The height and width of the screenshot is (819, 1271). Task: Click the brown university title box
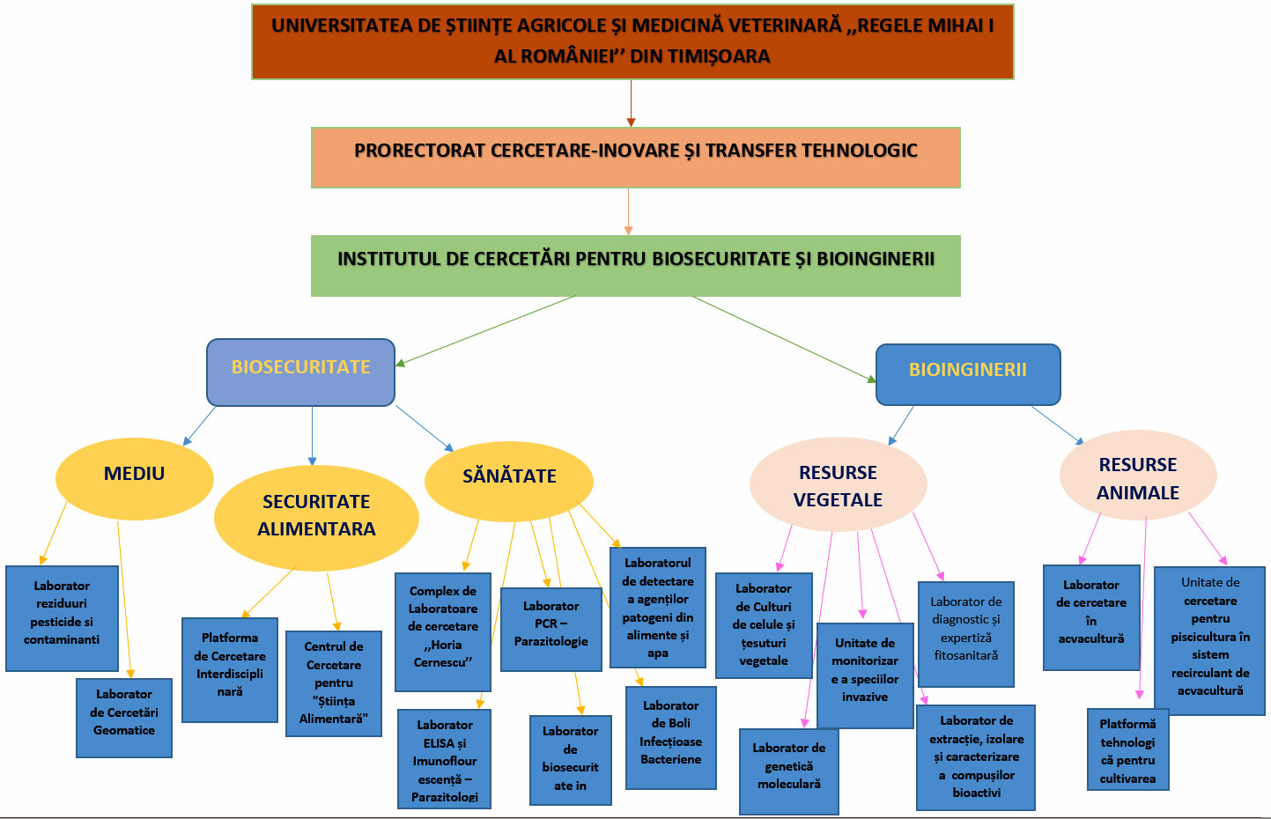pos(632,41)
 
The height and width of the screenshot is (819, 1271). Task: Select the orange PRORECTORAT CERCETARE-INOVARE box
pos(635,157)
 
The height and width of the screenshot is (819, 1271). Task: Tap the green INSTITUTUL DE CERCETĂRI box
pos(635,265)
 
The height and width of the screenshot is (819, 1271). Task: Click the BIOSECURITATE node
pos(300,372)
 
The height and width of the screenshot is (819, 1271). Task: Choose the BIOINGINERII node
pos(967,374)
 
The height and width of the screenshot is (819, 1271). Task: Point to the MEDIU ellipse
pos(134,478)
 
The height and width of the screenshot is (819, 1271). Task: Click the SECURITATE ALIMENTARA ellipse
pos(316,517)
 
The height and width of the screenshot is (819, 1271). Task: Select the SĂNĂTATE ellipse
pos(509,480)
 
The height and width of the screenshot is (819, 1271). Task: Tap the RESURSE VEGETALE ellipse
pos(838,485)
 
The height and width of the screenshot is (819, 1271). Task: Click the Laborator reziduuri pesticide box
pos(62,618)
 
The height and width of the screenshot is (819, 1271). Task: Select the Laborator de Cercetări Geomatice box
pos(124,717)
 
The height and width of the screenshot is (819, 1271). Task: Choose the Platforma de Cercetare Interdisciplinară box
pos(230,669)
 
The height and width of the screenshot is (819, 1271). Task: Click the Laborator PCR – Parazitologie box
pos(551,629)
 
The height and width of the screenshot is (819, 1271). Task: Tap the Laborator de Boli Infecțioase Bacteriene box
pos(670,737)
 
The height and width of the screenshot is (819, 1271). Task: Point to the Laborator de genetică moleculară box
pos(788,771)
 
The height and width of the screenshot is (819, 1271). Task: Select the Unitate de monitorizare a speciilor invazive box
pos(864,675)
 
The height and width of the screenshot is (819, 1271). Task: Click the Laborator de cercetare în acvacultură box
pos(1090,617)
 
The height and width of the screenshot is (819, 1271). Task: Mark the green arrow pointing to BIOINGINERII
pos(783,338)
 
